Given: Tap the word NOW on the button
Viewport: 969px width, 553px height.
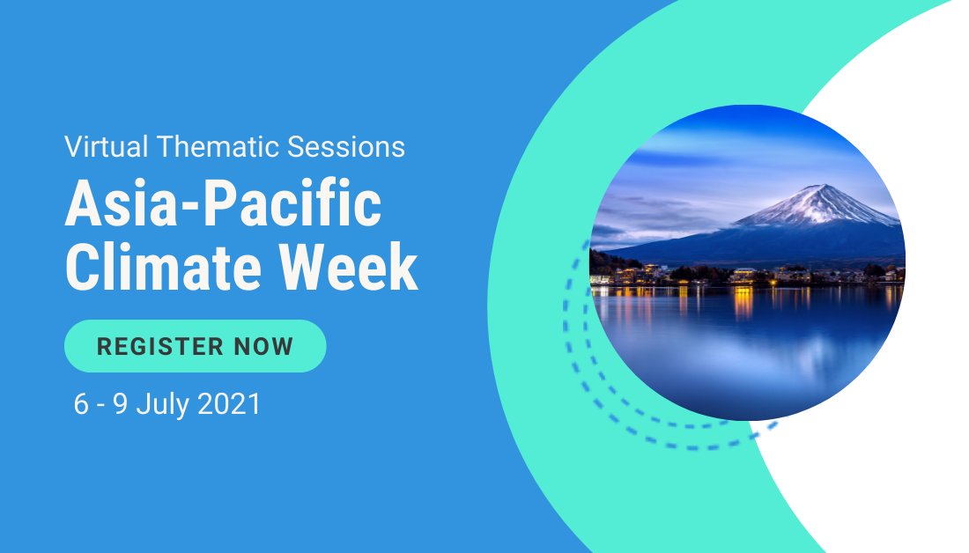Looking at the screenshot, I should (x=263, y=346).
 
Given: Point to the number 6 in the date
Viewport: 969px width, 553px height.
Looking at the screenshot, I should (x=82, y=404).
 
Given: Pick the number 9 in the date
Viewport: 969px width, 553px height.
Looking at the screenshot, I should (x=122, y=404).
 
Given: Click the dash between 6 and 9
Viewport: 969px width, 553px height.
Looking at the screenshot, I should (x=102, y=406).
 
